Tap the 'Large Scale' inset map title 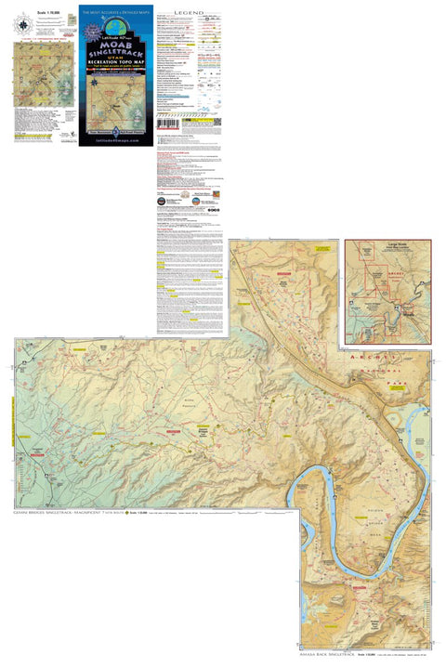click(x=386, y=248)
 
